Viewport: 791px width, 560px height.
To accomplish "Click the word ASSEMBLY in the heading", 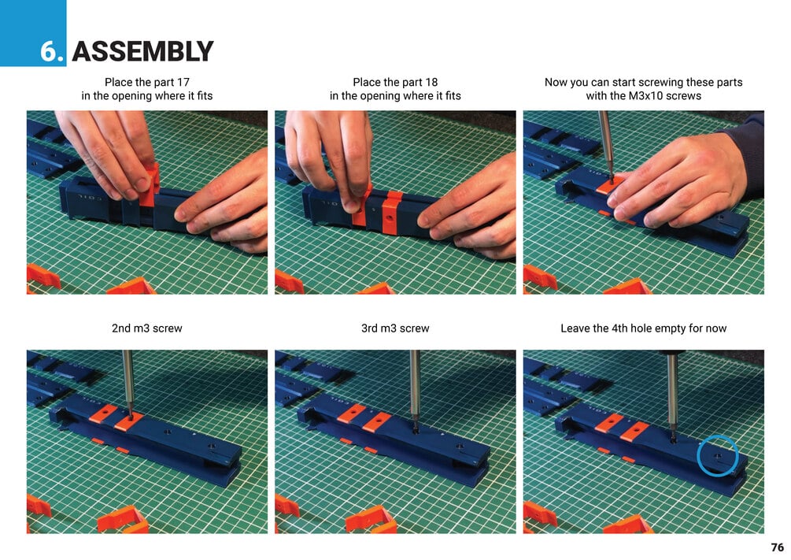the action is tap(142, 51).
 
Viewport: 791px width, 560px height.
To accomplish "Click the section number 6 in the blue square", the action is tap(50, 51).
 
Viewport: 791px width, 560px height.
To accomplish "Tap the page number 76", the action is tap(778, 547).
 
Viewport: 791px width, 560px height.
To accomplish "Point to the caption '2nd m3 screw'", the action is tap(147, 328).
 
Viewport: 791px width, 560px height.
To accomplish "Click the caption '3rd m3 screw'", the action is tap(395, 328).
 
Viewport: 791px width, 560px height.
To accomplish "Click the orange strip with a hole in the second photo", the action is tap(391, 213).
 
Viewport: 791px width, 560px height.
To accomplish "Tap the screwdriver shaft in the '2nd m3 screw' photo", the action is tap(128, 381).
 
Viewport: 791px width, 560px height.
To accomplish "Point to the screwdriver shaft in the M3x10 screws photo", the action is tap(606, 144).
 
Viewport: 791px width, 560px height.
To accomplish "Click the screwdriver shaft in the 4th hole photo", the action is tap(671, 391).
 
